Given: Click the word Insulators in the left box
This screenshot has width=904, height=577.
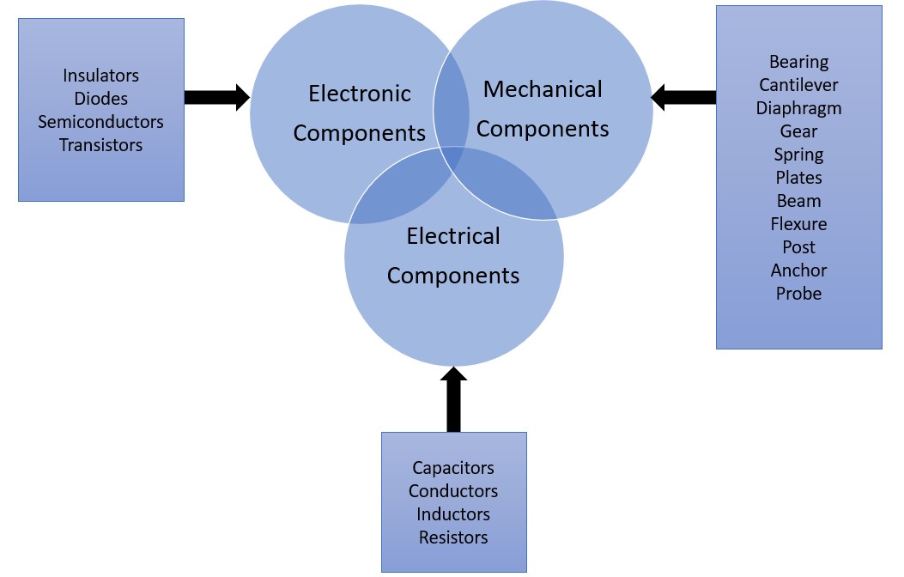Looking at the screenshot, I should coord(100,76).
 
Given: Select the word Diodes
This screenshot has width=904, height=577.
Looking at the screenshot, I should coord(100,99).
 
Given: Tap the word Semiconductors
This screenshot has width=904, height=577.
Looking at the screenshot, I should coord(100,122).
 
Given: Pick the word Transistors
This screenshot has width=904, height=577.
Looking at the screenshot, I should coord(100,145).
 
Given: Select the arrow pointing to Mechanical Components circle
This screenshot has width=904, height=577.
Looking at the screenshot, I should coord(683,97).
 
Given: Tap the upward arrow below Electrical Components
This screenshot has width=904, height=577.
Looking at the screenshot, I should coord(453,399).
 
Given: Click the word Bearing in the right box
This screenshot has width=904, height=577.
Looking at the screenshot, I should coord(798,62).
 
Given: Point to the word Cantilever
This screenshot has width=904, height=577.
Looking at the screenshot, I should coord(798,85).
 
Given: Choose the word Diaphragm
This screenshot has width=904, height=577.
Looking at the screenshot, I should coord(798,108).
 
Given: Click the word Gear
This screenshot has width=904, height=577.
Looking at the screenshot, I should coord(798,131).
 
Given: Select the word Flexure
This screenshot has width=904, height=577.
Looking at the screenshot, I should coord(798,224).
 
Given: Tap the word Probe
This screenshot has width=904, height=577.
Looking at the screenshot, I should coord(798,294).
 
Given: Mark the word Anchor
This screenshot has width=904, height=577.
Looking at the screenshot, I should coord(798,270).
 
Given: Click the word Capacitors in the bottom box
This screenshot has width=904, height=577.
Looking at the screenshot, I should coord(453,468).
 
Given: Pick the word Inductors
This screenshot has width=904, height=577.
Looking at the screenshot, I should coord(453,514).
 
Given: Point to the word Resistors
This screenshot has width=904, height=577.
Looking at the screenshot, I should coord(453,538).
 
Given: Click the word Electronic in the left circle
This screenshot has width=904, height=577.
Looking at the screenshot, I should coord(360,94).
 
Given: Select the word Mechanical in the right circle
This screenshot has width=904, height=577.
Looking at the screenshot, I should coord(543,89).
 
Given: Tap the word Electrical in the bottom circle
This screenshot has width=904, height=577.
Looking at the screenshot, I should coord(453,236).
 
